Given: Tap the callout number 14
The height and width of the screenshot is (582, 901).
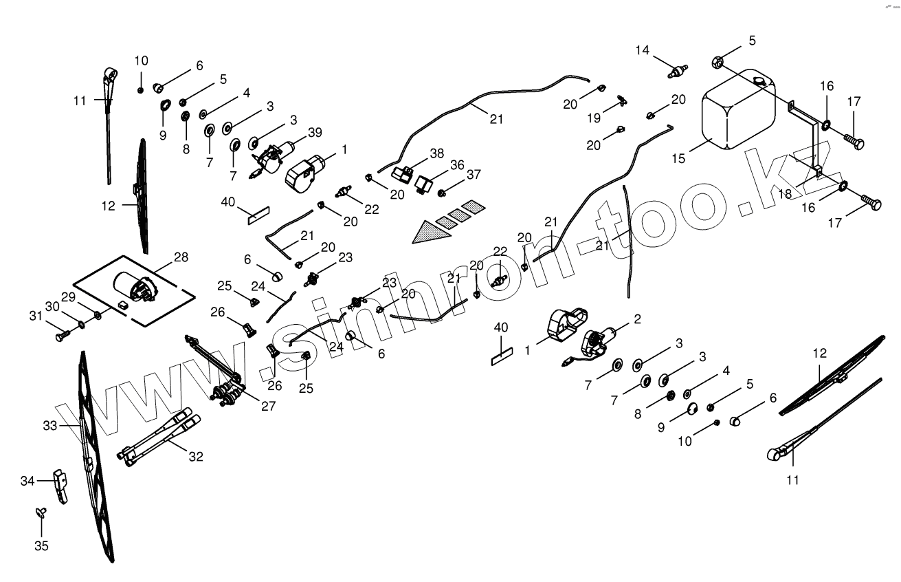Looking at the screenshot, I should tap(642, 50).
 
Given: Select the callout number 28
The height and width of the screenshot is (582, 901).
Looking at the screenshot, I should tap(181, 257).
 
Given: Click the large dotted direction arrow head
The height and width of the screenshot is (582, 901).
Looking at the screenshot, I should tap(429, 233).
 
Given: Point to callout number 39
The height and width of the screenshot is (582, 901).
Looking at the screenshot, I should tap(315, 132).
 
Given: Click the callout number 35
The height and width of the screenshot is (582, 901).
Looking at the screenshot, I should tap(41, 546).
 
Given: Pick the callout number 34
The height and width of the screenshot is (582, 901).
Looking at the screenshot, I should tap(27, 481).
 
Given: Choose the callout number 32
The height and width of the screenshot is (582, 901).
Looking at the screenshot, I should tap(196, 455).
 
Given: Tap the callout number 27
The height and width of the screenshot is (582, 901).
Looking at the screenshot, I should tap(267, 406).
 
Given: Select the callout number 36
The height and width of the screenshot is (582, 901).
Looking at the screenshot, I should tap(458, 165).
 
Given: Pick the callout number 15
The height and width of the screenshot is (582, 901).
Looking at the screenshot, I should tap(679, 158).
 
